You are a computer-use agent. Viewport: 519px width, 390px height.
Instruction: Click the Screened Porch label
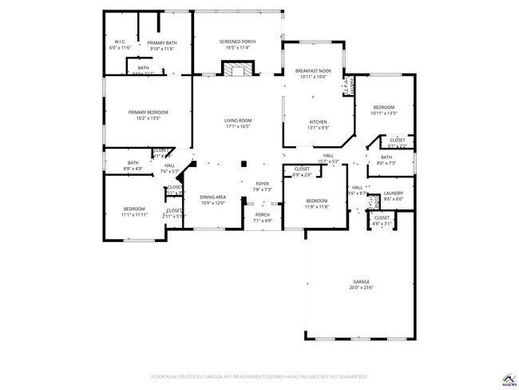(237, 41)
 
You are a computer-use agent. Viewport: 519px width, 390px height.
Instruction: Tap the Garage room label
(362, 281)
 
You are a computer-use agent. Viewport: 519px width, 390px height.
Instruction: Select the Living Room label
(237, 120)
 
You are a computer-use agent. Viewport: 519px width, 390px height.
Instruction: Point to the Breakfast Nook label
(313, 70)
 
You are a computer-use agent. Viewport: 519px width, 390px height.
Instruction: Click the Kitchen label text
(319, 121)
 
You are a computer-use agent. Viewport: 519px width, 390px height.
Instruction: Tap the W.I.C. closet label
(119, 42)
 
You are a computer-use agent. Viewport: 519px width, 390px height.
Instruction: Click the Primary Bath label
(162, 43)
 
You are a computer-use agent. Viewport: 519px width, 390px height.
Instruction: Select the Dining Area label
(212, 197)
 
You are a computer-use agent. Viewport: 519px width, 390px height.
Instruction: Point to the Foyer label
(262, 184)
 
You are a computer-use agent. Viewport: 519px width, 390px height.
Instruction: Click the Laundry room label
(393, 193)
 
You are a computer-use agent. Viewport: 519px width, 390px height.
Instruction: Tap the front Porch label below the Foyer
(262, 214)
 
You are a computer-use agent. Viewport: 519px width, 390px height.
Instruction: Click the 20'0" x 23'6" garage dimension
(362, 288)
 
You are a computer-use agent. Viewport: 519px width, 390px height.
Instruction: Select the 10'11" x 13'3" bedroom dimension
(384, 113)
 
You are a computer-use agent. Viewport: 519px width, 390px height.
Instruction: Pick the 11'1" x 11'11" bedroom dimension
(134, 214)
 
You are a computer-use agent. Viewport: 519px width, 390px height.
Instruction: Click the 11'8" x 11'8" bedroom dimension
(316, 206)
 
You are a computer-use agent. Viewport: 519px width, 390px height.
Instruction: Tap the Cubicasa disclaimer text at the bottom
(259, 376)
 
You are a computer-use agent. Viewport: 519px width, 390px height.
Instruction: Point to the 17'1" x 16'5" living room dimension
(237, 126)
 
